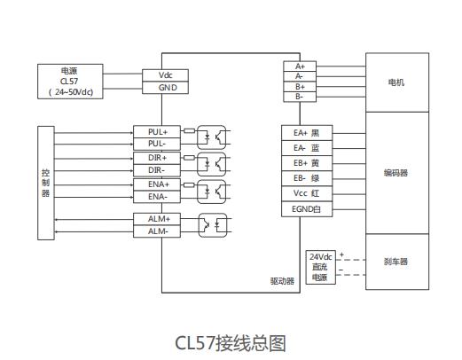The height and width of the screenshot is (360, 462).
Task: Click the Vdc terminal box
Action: pos(165,75)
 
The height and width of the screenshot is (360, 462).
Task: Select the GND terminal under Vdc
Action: pos(165,88)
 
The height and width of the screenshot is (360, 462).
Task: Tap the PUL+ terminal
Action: pos(157,132)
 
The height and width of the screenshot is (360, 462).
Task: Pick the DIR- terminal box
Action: pos(157,170)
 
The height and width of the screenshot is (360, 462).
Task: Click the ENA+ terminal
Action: pos(157,184)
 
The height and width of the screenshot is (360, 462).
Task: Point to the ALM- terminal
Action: pos(157,231)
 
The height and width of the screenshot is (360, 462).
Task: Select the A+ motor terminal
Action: pos(300,67)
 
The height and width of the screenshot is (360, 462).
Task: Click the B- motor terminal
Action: pos(300,97)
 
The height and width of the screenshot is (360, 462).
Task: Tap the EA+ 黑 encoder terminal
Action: pos(307,133)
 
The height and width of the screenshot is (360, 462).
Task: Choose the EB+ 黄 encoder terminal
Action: pos(307,163)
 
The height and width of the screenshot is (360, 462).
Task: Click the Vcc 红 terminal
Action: pos(307,193)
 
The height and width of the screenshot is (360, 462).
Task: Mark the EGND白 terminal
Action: pos(307,209)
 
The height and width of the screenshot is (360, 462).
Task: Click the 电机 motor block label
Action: pos(396,82)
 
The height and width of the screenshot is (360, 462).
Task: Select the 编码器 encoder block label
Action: pos(395,173)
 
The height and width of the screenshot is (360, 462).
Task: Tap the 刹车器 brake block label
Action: pos(395,262)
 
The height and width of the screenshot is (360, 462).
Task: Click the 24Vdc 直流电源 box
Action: pos(321,267)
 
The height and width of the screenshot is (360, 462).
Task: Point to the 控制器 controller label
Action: pos(45,183)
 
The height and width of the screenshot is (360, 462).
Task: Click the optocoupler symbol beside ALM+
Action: pos(213,225)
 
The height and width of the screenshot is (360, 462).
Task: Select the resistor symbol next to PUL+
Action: pos(189,130)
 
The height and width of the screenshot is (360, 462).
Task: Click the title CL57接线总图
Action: pos(231,343)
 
